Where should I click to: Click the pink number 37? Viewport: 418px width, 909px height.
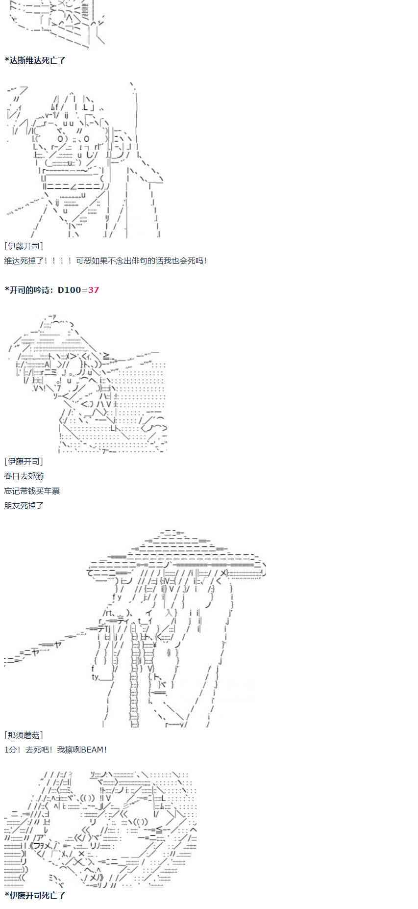pyautogui.click(x=93, y=290)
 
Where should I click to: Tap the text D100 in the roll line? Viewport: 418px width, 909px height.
pyautogui.click(x=69, y=290)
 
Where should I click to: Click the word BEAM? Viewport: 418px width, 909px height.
pyautogui.click(x=93, y=750)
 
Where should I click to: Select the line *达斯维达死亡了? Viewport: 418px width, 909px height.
pyautogui.click(x=35, y=60)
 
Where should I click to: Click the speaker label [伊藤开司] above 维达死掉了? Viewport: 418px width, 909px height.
pyautogui.click(x=23, y=246)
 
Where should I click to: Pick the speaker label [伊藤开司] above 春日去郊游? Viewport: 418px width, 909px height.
pyautogui.click(x=23, y=461)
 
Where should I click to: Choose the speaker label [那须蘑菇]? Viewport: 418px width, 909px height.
pyautogui.click(x=23, y=735)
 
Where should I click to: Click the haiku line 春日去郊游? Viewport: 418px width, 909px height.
pyautogui.click(x=24, y=476)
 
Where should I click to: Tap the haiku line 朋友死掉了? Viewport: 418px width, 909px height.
pyautogui.click(x=24, y=505)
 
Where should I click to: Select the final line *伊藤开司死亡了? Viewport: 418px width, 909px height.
pyautogui.click(x=35, y=895)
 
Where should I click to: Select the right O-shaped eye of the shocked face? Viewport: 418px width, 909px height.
pyautogui.click(x=86, y=139)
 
